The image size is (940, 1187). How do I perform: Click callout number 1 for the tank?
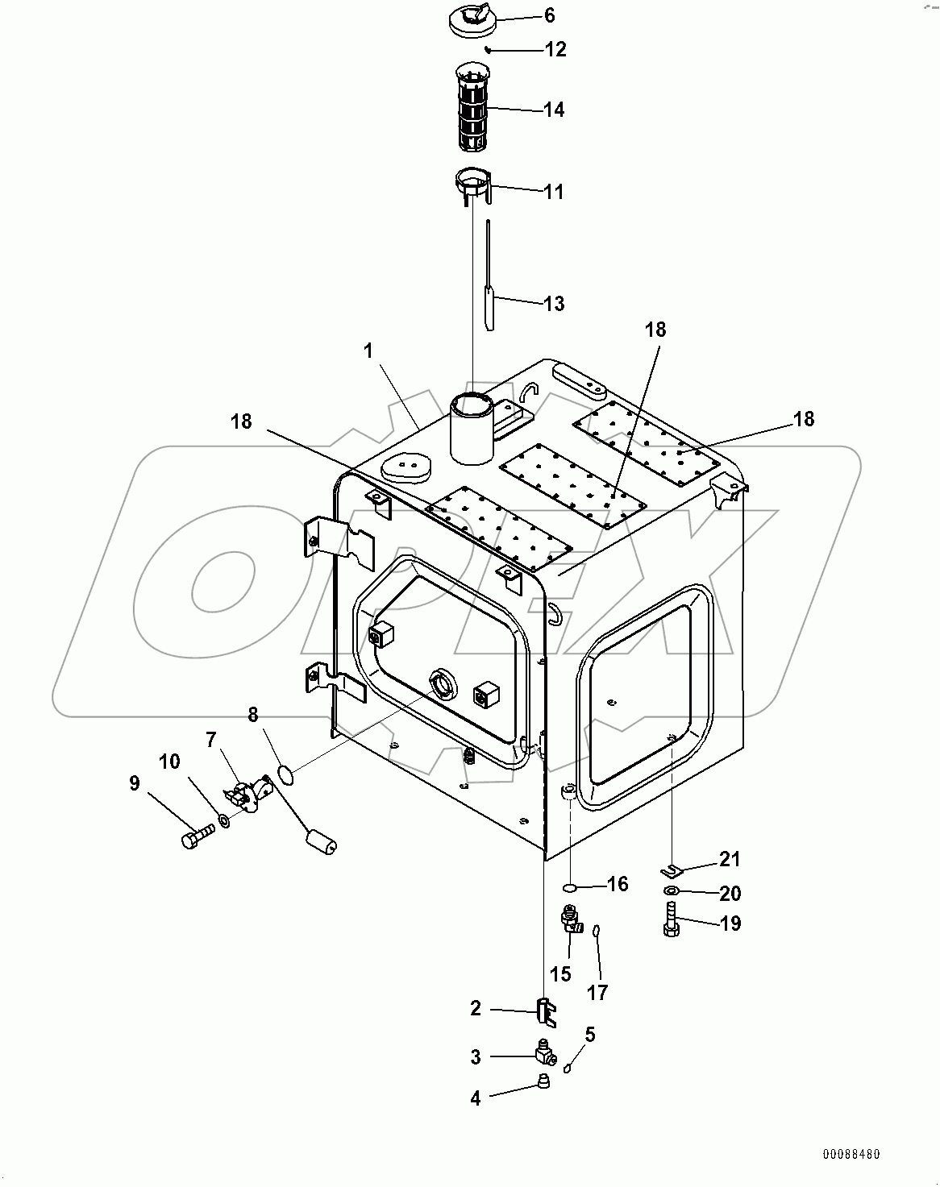pyautogui.click(x=368, y=351)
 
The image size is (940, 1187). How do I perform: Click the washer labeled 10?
pyautogui.click(x=225, y=822)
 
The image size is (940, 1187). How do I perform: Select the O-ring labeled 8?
pyautogui.click(x=285, y=774)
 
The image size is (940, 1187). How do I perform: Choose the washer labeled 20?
pyautogui.click(x=671, y=890)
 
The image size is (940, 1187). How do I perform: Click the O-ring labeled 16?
pyautogui.click(x=569, y=887)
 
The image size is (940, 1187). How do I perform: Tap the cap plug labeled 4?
pyautogui.click(x=544, y=1081)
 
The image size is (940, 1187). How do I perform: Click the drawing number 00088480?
pyautogui.click(x=851, y=1154)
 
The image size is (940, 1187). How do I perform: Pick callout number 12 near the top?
pyautogui.click(x=555, y=50)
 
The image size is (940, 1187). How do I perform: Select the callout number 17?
pyautogui.click(x=597, y=992)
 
